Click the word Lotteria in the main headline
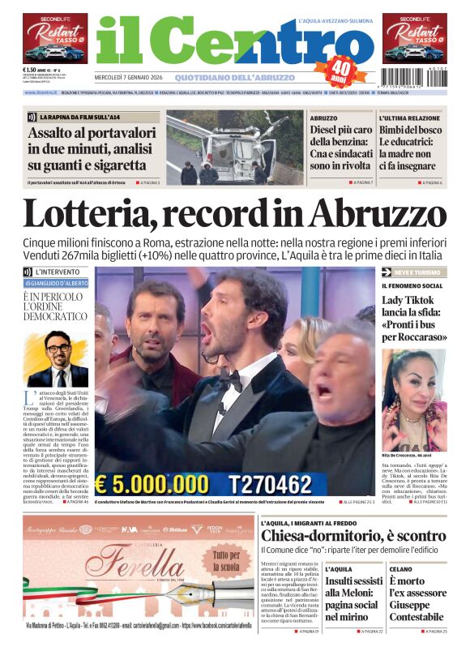coord(100,213)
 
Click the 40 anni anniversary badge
coord(344,68)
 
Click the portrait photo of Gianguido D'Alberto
coord(57,358)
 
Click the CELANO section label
coord(400,570)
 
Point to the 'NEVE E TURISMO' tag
coord(408,272)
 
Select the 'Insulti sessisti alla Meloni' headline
coord(352,599)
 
